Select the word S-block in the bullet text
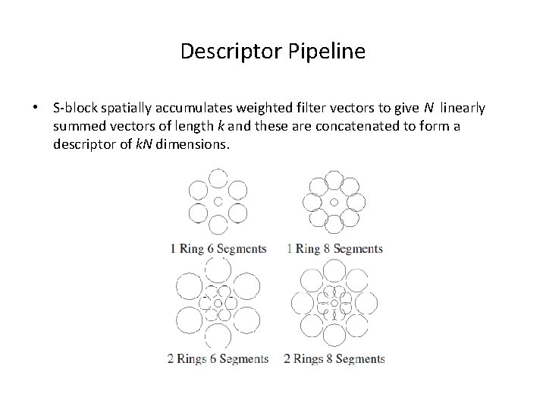point(74,108)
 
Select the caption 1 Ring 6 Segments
point(218,248)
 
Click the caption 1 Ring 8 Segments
point(335,248)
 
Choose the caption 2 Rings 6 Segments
point(218,358)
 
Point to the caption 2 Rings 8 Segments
point(334,358)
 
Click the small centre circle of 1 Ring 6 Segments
point(218,202)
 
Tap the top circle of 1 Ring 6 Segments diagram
point(218,179)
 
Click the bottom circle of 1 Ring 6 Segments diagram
point(218,225)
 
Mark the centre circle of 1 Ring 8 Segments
point(334,202)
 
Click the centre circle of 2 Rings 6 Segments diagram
point(218,303)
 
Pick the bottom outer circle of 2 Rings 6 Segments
point(218,335)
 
